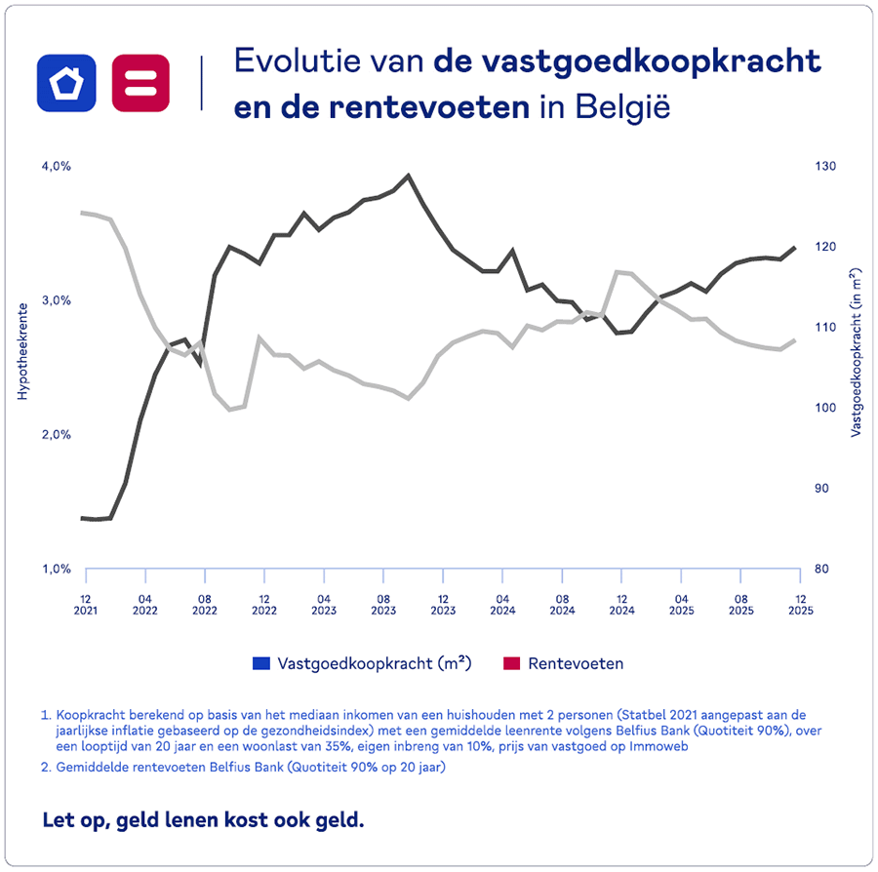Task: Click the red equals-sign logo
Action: (140, 82)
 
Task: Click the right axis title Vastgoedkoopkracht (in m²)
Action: (856, 351)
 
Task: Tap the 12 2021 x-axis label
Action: (86, 604)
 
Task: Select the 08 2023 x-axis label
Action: (383, 604)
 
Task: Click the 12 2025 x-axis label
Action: (800, 604)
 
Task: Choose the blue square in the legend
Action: (260, 663)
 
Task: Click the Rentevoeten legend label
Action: (575, 663)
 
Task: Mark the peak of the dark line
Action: (408, 176)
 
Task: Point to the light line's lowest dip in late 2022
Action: (231, 409)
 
